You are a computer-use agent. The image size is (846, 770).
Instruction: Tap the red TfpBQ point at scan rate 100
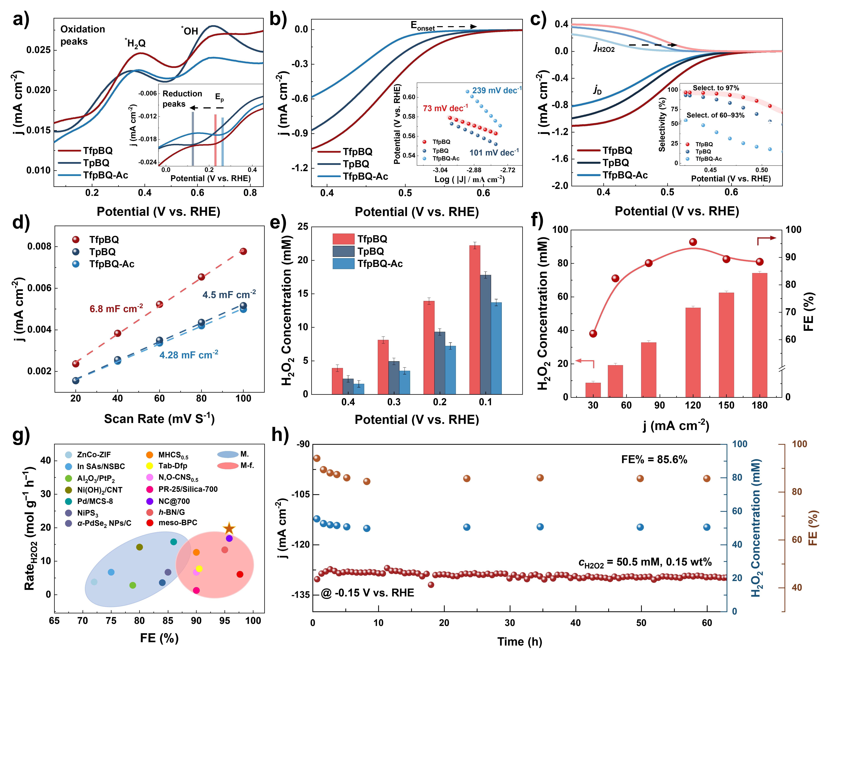point(243,251)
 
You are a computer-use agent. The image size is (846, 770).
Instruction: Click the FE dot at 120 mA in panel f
point(693,242)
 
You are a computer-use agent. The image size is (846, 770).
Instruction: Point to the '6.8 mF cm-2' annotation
point(116,309)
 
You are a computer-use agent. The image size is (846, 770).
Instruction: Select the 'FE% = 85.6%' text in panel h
point(654,459)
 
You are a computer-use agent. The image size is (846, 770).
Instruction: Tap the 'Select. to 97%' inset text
point(715,88)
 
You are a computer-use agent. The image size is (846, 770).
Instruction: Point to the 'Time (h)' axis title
point(520,642)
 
